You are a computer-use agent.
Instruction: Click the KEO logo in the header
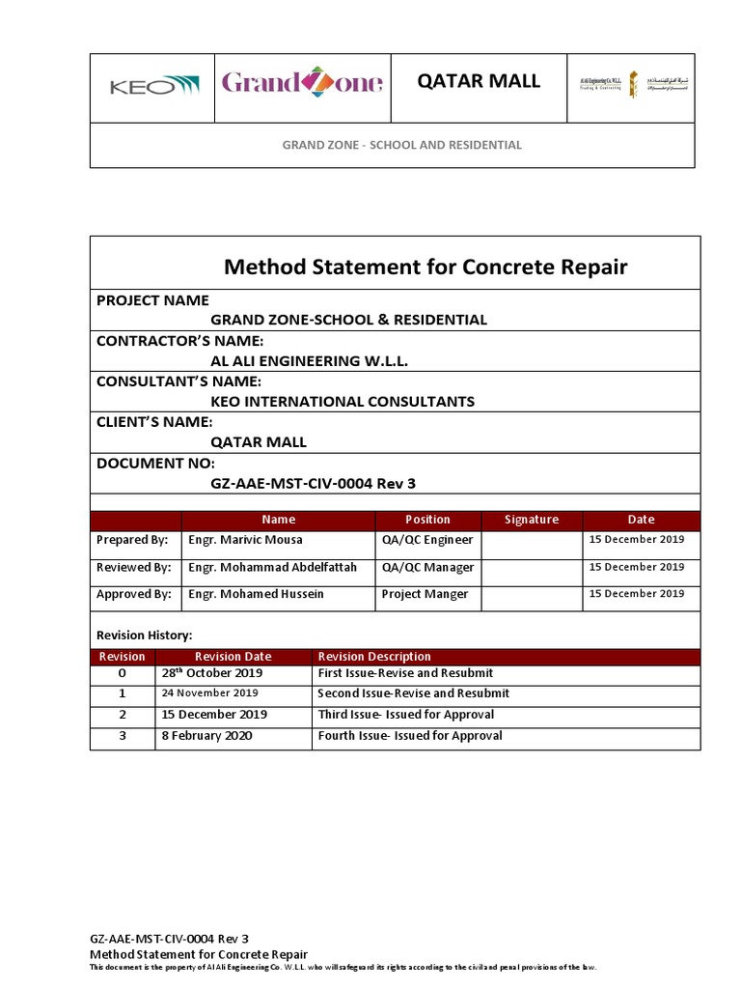(x=154, y=87)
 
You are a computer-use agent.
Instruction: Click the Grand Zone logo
(x=302, y=83)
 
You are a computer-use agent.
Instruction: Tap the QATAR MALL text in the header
(x=479, y=81)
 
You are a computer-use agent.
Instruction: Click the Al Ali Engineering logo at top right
(x=608, y=87)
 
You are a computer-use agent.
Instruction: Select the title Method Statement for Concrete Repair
(x=425, y=267)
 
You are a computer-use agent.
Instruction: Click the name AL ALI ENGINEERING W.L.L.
(x=310, y=360)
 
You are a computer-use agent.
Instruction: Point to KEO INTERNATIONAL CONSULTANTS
(x=343, y=401)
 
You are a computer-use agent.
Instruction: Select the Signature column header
(x=532, y=520)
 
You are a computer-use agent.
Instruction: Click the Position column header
(x=427, y=520)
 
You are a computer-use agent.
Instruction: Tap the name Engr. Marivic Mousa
(x=245, y=540)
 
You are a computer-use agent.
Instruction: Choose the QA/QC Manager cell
(x=427, y=568)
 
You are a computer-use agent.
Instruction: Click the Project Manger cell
(x=425, y=595)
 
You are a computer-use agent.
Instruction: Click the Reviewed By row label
(x=134, y=568)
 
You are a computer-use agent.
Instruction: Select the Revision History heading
(x=144, y=635)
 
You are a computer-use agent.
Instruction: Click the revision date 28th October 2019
(x=211, y=673)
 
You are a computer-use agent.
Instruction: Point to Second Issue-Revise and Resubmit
(x=413, y=693)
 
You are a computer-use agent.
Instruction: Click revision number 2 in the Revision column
(x=123, y=715)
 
